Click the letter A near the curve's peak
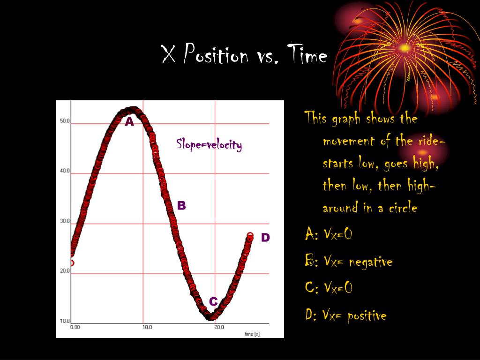pyautogui.click(x=129, y=122)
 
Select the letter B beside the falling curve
pyautogui.click(x=181, y=205)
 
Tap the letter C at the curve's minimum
pyautogui.click(x=213, y=301)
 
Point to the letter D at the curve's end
pyautogui.click(x=265, y=238)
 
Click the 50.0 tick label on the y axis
pyautogui.click(x=65, y=121)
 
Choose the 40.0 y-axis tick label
pyautogui.click(x=65, y=171)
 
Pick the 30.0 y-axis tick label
pyautogui.click(x=65, y=221)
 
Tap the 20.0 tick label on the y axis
pyautogui.click(x=65, y=271)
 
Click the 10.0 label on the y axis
pyautogui.click(x=65, y=321)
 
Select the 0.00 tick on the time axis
pyautogui.click(x=75, y=327)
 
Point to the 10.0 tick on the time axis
pyautogui.click(x=147, y=327)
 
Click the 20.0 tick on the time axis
pyautogui.click(x=219, y=327)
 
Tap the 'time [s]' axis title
pyautogui.click(x=252, y=334)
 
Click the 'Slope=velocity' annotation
pyautogui.click(x=209, y=144)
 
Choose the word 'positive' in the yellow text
pyautogui.click(x=367, y=315)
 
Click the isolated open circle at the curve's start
pyautogui.click(x=71, y=263)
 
